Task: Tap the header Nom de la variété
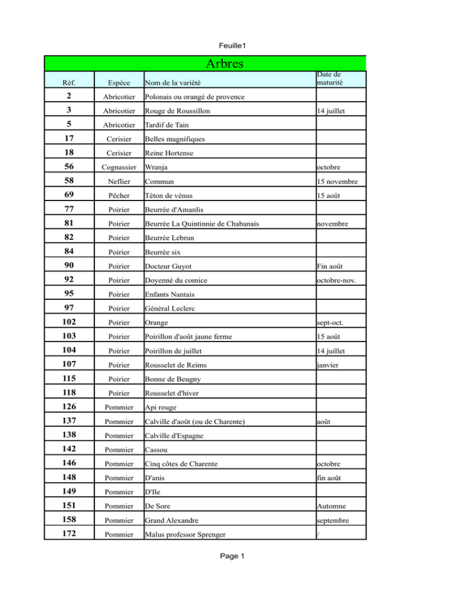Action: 173,82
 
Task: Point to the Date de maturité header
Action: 330,79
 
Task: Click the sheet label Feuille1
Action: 232,45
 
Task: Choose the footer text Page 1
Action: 232,557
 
